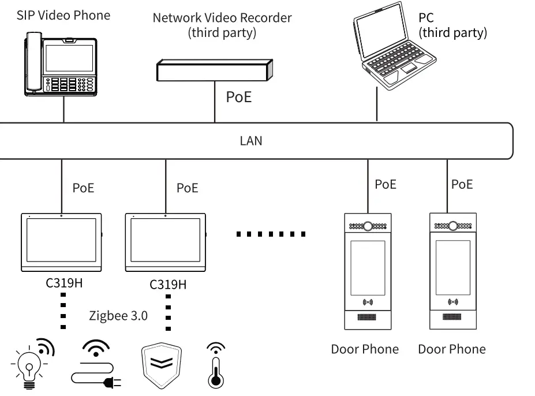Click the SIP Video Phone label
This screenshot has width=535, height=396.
coord(63,15)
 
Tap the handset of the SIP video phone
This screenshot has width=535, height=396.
coord(33,64)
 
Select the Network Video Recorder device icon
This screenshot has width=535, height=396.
coord(214,70)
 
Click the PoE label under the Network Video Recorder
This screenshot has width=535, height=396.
coord(238,96)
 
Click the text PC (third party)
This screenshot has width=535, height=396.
coord(452,25)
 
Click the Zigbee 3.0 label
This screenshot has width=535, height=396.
coord(118,316)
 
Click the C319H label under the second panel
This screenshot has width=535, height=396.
coord(168,285)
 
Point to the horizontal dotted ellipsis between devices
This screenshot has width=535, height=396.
coord(271,234)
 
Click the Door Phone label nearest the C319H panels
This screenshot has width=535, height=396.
coord(364,349)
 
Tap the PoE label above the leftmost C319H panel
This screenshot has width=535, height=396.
coord(83,188)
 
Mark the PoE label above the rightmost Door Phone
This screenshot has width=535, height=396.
coord(462,184)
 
